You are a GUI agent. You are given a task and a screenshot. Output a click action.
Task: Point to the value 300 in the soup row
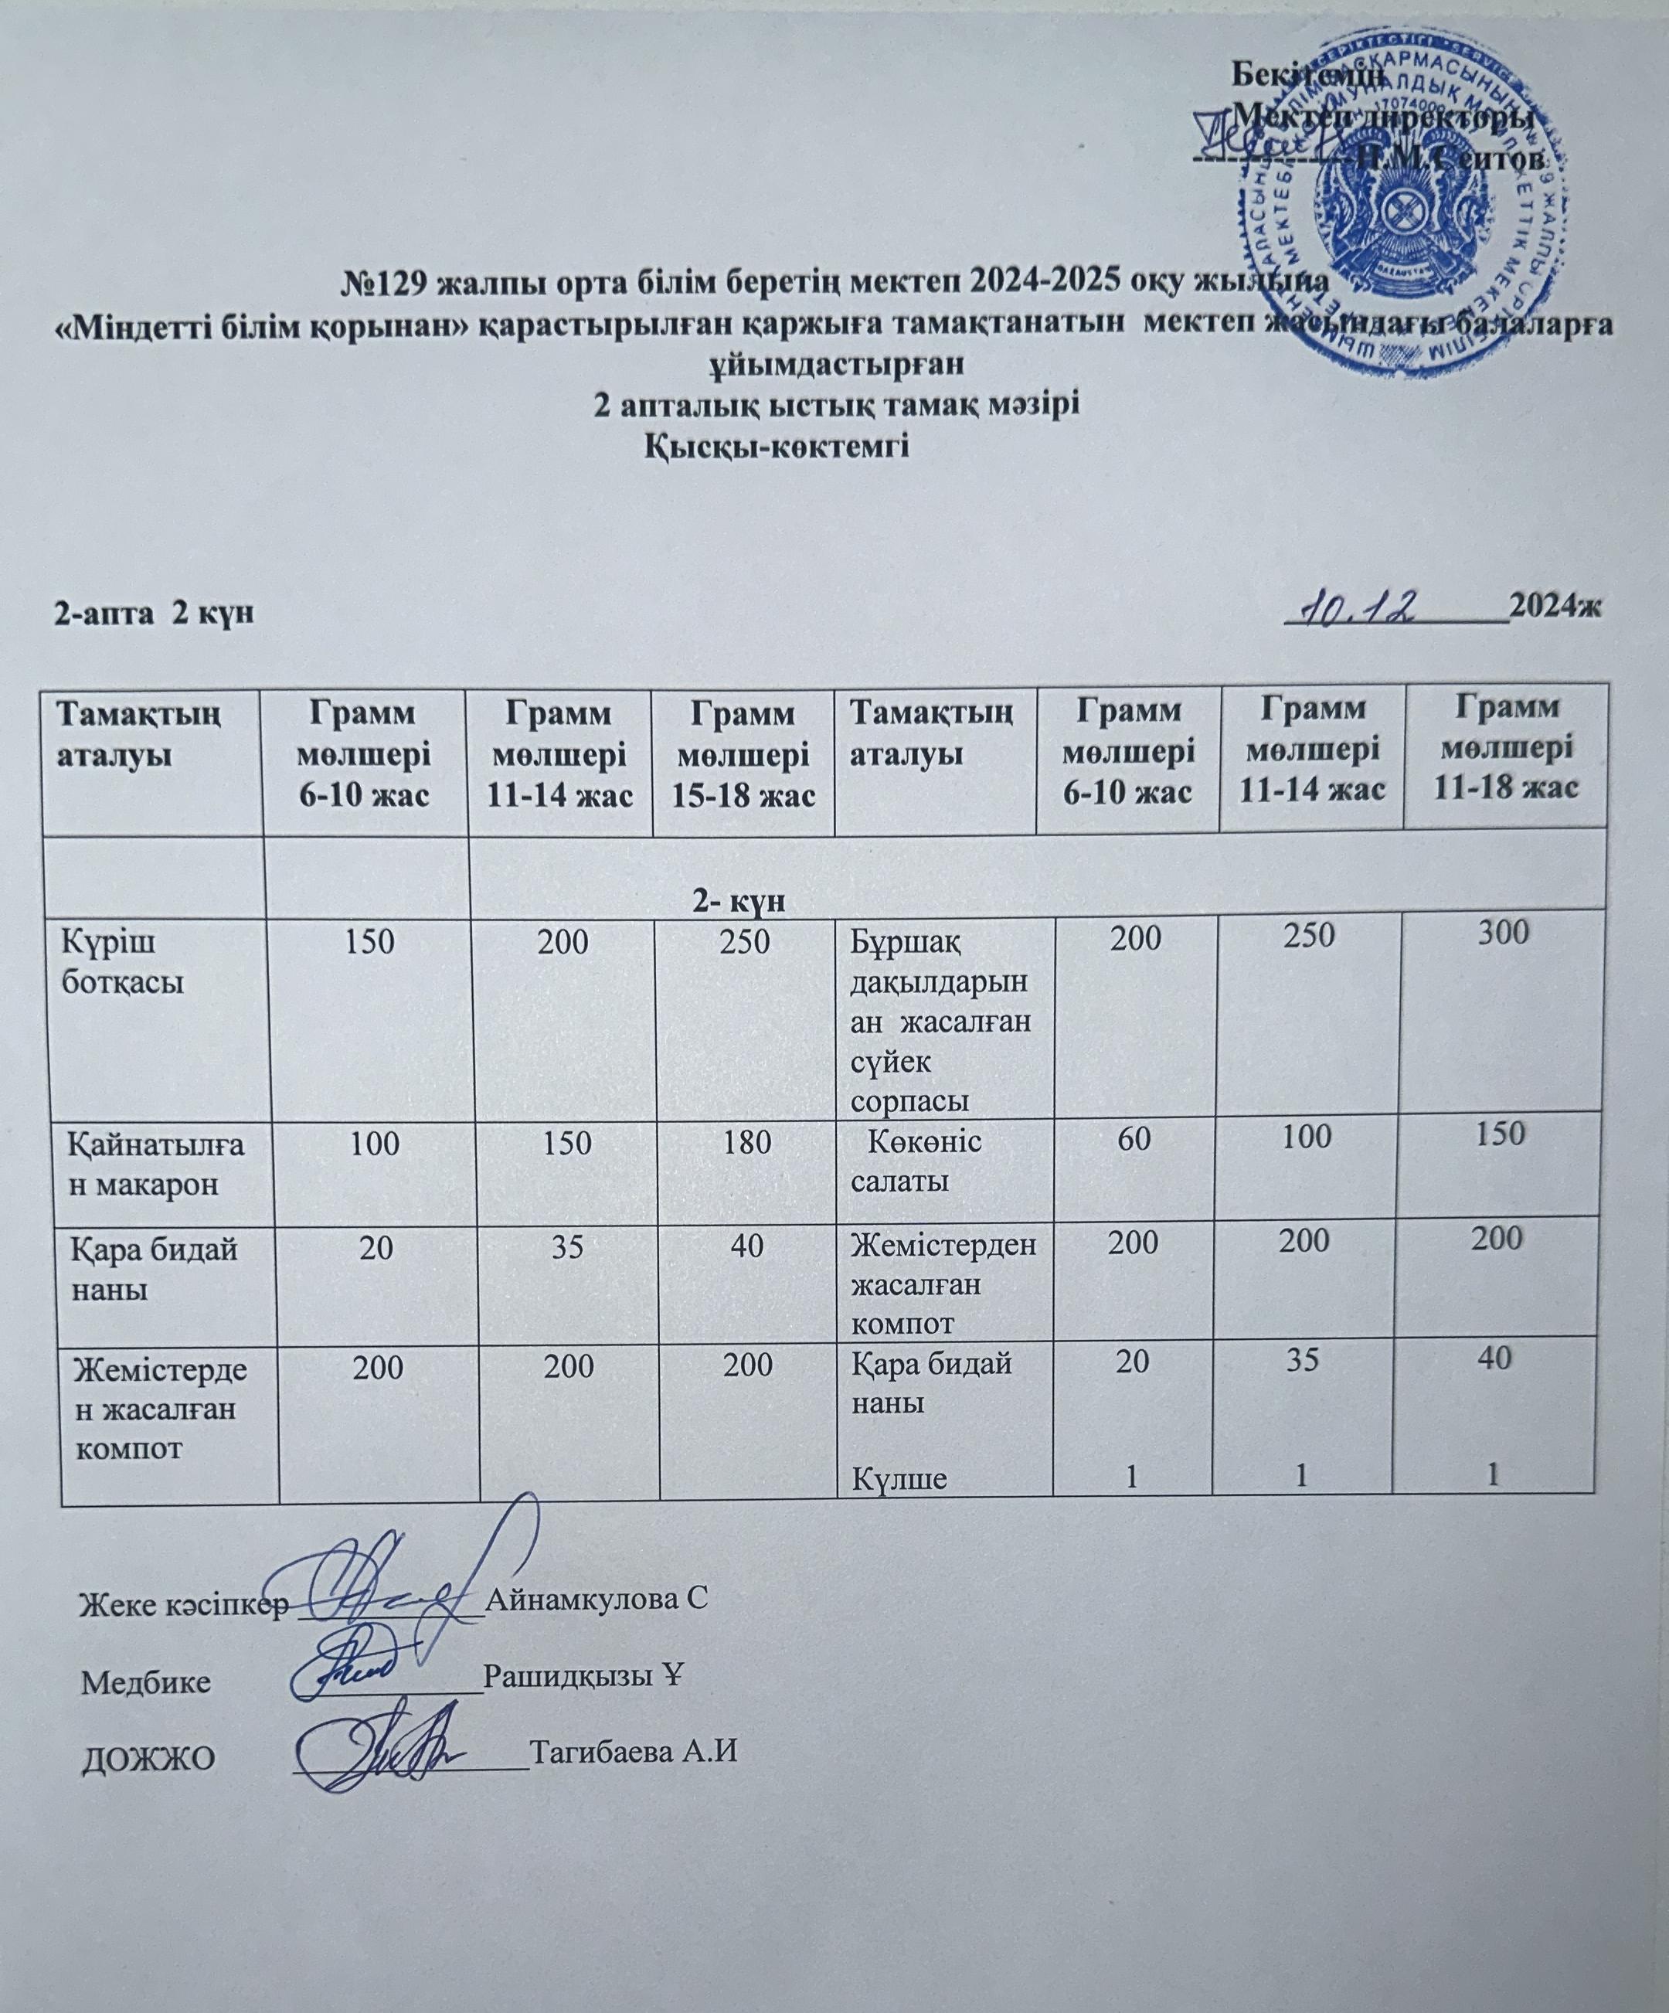coord(1501,933)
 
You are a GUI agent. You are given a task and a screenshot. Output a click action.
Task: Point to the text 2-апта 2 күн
coord(154,613)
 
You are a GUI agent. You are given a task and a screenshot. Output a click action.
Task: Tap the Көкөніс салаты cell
coord(916,1160)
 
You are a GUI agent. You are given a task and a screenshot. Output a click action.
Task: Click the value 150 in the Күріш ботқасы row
coord(370,941)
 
